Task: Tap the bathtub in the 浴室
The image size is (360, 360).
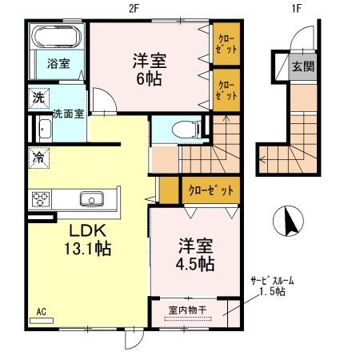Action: coord(58,38)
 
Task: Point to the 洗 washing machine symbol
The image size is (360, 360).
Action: coord(38,98)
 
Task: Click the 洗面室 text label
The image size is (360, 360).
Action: coord(68,114)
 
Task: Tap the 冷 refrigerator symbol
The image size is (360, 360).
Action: coord(38,157)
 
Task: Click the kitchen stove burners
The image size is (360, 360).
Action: coord(41,198)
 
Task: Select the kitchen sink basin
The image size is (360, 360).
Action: coord(90,198)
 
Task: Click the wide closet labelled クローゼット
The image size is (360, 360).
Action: coord(210,190)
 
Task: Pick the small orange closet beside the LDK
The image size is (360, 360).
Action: coord(168,190)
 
